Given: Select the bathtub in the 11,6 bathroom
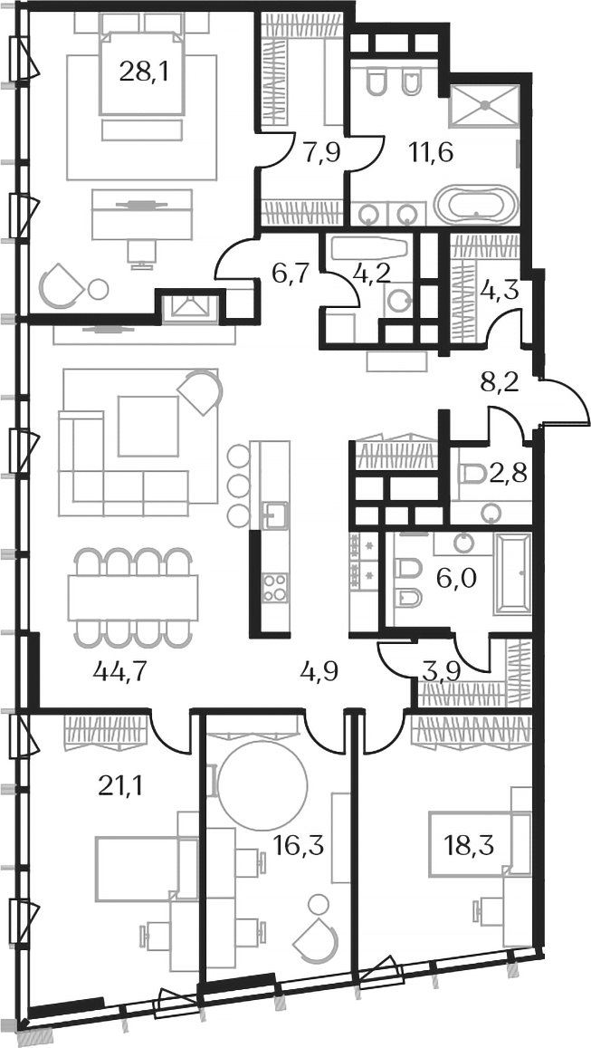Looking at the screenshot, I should [476, 205].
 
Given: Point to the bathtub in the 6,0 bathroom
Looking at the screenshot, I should [513, 575].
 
